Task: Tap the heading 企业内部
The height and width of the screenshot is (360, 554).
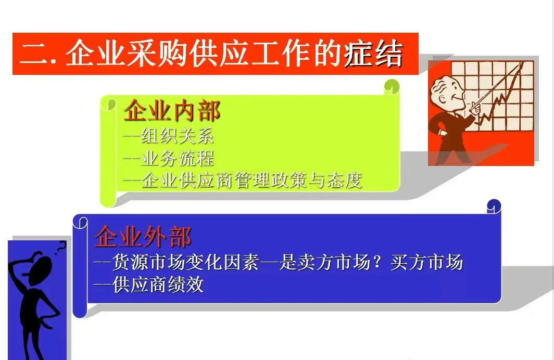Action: pos(172,111)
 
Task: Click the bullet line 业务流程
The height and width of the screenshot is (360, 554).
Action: pos(177,158)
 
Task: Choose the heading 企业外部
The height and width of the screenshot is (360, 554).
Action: pos(143,237)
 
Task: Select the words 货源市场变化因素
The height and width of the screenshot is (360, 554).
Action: pos(185,262)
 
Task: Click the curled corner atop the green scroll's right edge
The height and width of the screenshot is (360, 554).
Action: pos(392,86)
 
